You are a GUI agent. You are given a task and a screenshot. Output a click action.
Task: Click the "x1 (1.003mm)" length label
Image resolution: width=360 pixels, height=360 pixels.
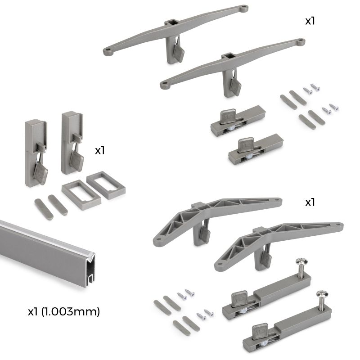click(x=63, y=310)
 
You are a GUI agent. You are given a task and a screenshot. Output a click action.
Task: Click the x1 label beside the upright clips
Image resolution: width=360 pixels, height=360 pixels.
click(x=100, y=150)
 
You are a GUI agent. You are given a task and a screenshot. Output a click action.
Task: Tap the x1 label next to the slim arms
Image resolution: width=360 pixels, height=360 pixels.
click(x=310, y=21)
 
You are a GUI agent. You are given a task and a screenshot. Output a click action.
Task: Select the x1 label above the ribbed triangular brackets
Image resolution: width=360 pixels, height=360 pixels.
click(x=310, y=202)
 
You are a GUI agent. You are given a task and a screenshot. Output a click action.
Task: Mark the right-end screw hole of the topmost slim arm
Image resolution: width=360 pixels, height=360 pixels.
click(x=243, y=8)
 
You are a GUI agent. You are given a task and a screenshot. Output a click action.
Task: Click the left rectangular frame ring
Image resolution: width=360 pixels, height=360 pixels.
click(x=81, y=194)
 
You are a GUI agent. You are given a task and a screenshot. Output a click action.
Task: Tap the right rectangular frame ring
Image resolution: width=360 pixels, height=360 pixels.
click(x=106, y=185)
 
